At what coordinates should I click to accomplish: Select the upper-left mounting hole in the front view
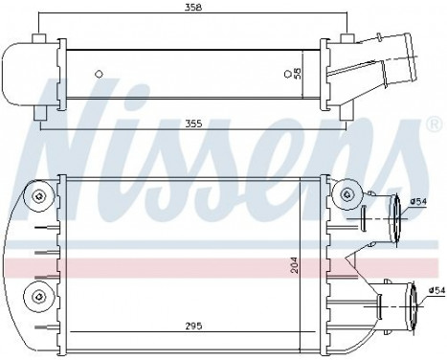(38, 197)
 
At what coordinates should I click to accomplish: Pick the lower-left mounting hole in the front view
(38, 292)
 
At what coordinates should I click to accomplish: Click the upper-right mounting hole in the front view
(344, 196)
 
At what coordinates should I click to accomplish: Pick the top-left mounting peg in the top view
(39, 41)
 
